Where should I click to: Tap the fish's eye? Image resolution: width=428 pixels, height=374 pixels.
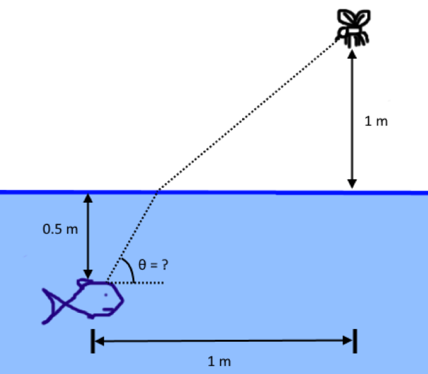pos(106,295)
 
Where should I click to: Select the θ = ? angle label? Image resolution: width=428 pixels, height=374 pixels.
pos(153,265)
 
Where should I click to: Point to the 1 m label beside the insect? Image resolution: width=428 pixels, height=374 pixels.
pos(376,121)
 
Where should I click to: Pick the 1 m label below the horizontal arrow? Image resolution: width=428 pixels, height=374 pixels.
pos(220,362)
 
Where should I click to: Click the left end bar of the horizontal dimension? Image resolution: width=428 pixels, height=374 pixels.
pos(92,340)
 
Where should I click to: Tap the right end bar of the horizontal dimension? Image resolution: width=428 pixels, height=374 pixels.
pos(355,340)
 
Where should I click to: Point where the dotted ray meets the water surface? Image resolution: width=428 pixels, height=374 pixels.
pos(159,192)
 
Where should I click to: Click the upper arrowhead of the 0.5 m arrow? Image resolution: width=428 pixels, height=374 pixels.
pos(88,198)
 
